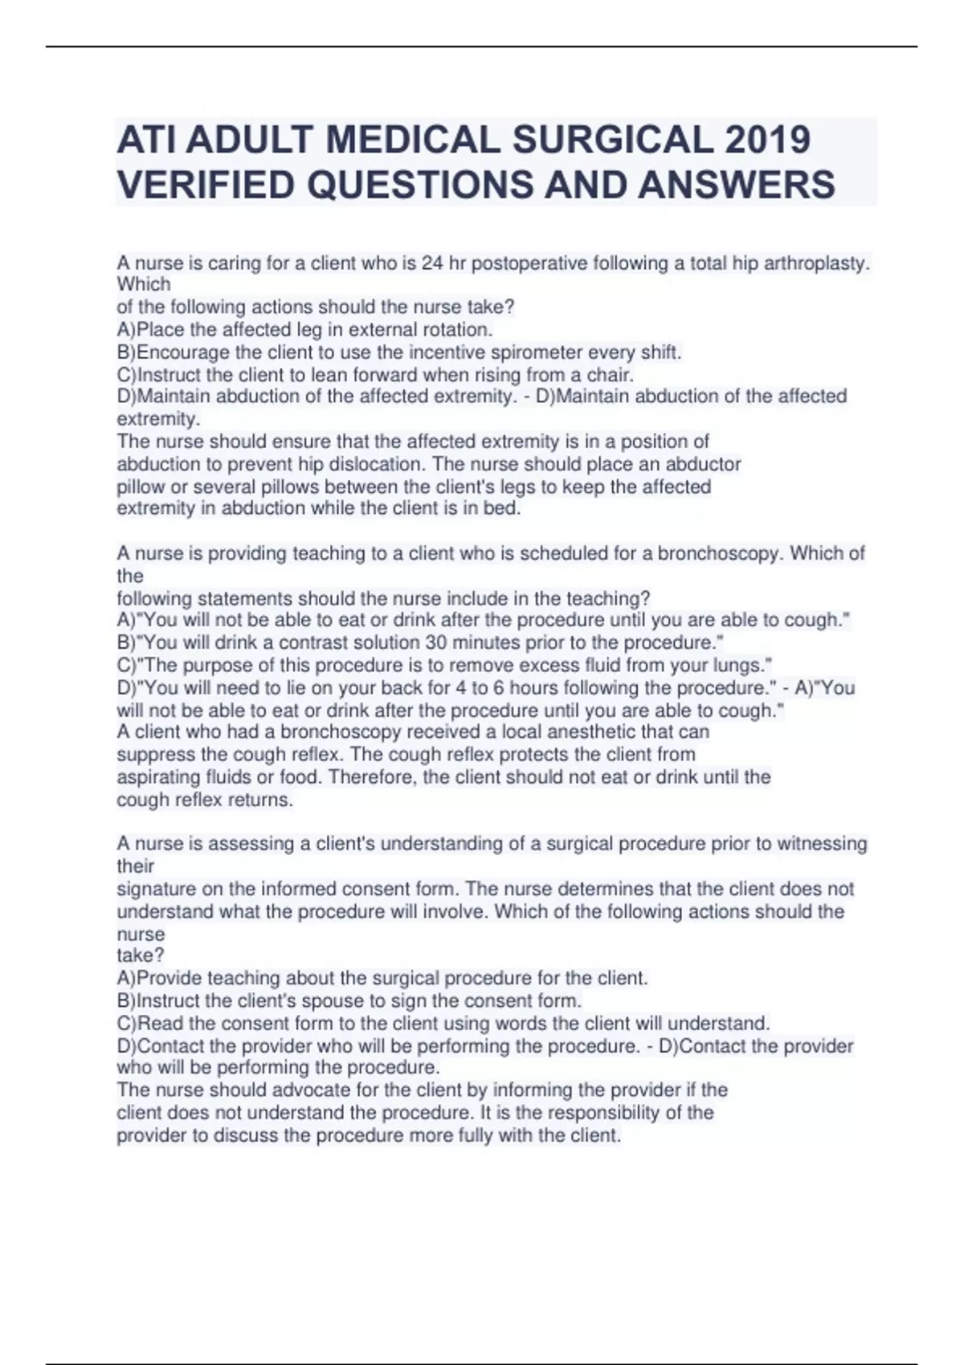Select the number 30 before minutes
click(x=436, y=642)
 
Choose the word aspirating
click(x=157, y=777)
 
